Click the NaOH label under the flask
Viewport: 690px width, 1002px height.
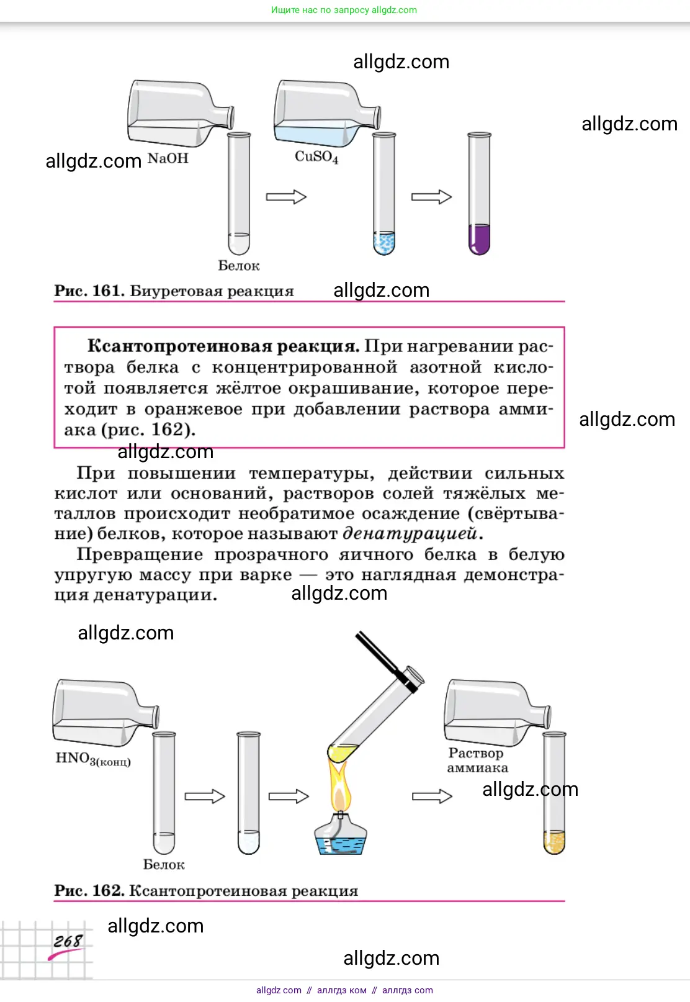(168, 158)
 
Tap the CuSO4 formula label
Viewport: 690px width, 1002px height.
(316, 156)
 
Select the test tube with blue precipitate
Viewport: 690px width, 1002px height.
(384, 242)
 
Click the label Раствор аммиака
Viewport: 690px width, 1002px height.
(477, 761)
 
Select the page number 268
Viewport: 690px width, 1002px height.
(67, 941)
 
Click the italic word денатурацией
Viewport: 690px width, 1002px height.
(410, 533)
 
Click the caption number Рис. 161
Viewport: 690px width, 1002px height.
(89, 291)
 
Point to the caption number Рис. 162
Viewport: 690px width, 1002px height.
(89, 890)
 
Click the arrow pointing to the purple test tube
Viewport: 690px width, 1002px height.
(431, 197)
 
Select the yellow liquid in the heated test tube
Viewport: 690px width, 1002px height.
(343, 752)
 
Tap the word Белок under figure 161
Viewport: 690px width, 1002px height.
(239, 266)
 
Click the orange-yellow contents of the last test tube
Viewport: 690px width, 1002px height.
(554, 842)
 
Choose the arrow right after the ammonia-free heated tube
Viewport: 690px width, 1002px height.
(432, 796)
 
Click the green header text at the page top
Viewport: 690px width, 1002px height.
(344, 10)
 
